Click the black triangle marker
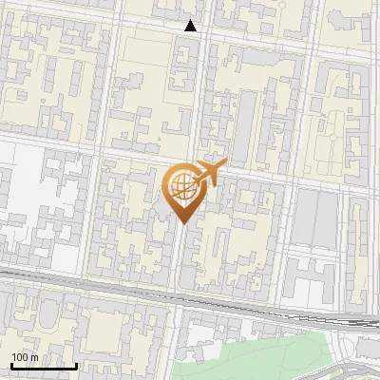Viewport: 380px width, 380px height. pyautogui.click(x=191, y=27)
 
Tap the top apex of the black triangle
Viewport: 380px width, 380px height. pyautogui.click(x=191, y=20)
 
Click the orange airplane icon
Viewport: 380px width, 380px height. pyautogui.click(x=210, y=173)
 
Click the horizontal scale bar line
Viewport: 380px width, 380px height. pyautogui.click(x=44, y=367)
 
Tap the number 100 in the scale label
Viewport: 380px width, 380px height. pyautogui.click(x=20, y=357)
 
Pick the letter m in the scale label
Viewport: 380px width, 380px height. pyautogui.click(x=34, y=357)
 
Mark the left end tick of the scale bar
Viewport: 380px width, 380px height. pyautogui.click(x=10, y=365)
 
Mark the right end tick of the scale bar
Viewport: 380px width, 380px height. pyautogui.click(x=77, y=365)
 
